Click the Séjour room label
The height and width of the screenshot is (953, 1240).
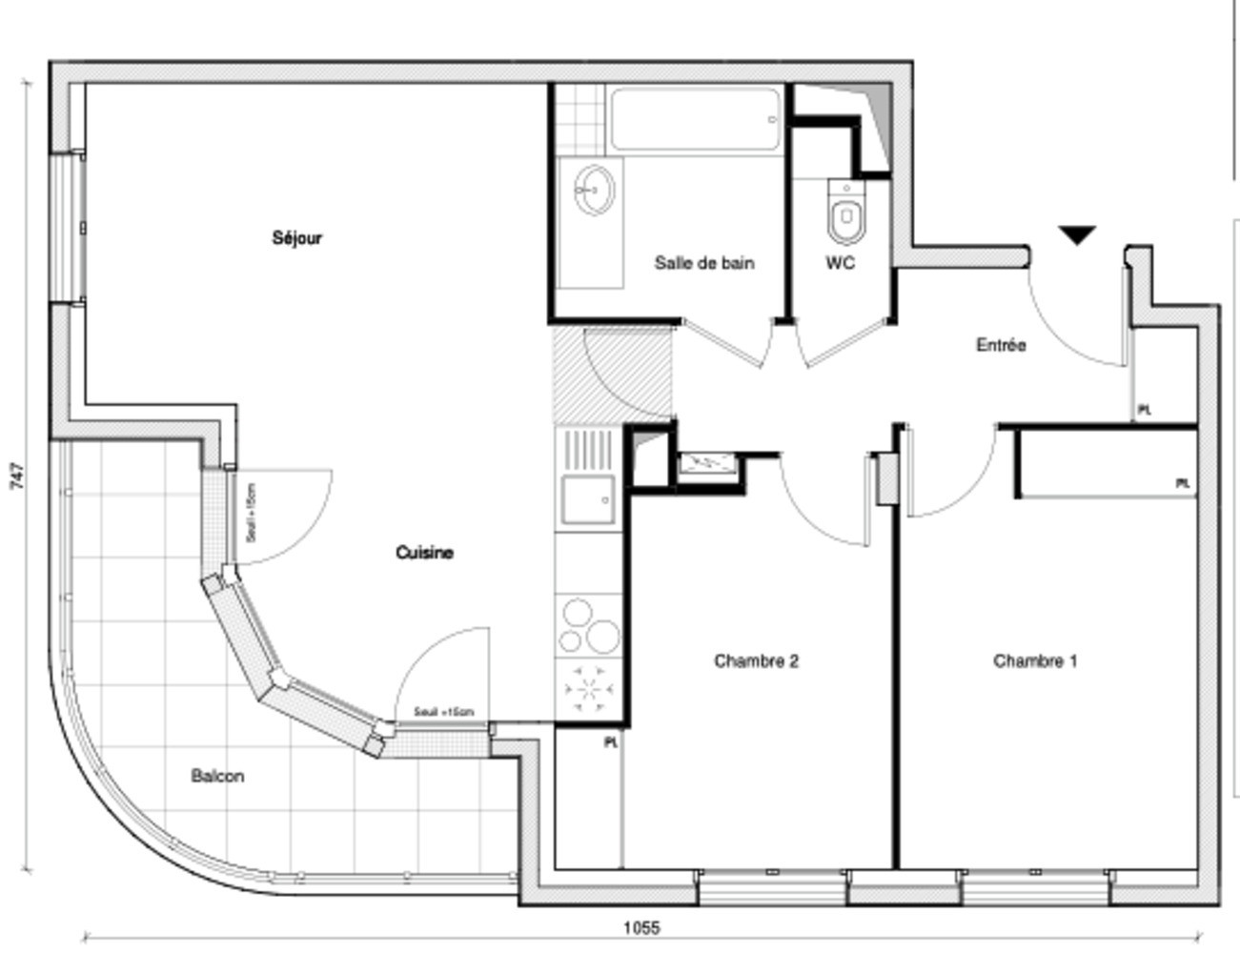tap(297, 238)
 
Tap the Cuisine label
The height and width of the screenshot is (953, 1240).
tap(424, 553)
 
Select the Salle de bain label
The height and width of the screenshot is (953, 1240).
tap(704, 263)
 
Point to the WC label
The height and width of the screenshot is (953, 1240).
tap(840, 263)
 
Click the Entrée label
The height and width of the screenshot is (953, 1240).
tap(1001, 345)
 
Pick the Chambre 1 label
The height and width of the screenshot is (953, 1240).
tap(1035, 660)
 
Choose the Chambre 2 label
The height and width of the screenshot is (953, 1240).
tap(756, 660)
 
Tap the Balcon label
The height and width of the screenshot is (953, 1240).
tap(217, 776)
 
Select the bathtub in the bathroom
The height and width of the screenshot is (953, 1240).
tap(696, 119)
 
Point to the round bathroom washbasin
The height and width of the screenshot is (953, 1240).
tap(595, 190)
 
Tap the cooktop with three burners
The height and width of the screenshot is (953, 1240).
tap(588, 625)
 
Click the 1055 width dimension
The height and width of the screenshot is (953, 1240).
tap(641, 927)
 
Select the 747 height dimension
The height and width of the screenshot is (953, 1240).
tap(16, 476)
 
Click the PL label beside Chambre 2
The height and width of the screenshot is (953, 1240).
tap(611, 741)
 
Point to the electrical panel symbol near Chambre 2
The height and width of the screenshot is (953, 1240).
tap(709, 463)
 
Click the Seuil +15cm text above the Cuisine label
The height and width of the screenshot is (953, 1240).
tap(251, 513)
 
